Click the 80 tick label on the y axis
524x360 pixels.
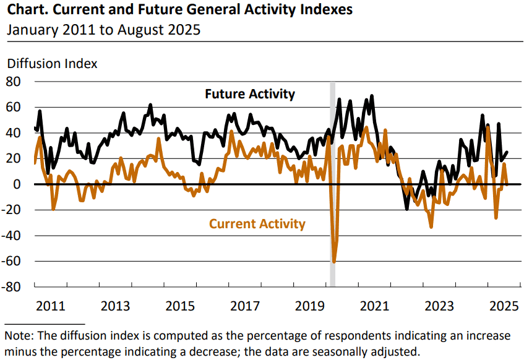[14, 82]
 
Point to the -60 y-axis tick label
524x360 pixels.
[11, 261]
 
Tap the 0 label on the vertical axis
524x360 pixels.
[17, 184]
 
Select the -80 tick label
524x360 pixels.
[11, 287]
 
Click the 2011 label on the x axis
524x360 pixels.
[51, 306]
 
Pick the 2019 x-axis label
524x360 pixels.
[310, 306]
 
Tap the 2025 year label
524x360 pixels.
[504, 306]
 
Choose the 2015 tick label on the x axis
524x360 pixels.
[180, 306]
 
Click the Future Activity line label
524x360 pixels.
[250, 94]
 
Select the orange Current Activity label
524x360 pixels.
[257, 224]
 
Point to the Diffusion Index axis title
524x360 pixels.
[52, 64]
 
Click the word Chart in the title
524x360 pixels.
[27, 9]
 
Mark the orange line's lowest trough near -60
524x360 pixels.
[334, 261]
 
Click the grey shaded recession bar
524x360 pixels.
[332, 184]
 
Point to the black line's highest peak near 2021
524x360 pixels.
[372, 96]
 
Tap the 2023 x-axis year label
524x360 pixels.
[439, 306]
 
